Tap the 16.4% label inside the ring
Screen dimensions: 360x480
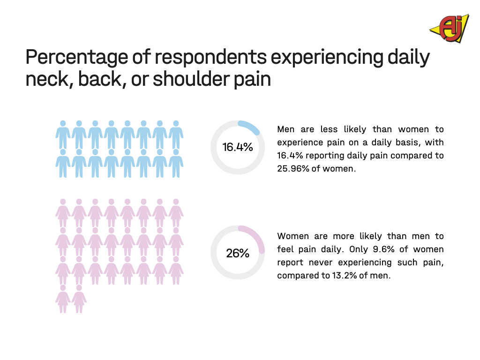238,147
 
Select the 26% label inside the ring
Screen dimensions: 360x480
238,253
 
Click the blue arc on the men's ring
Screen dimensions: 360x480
250,126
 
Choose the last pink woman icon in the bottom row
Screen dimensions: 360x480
79,299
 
